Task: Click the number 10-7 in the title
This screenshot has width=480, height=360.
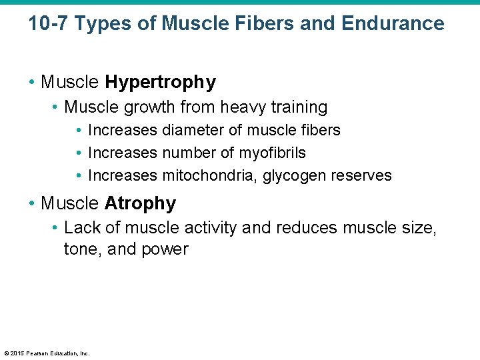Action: point(48,24)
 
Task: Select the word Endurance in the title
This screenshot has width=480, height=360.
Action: point(393,24)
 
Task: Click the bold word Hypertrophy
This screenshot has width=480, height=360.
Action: point(161,82)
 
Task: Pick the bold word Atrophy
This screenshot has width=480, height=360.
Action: point(141,203)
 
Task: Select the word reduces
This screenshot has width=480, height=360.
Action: point(305,227)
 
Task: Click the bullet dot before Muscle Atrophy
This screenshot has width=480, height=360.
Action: point(32,203)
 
